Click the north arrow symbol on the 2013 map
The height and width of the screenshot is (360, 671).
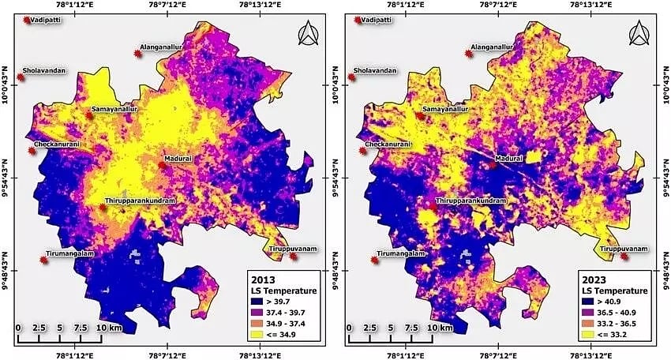click(x=306, y=35)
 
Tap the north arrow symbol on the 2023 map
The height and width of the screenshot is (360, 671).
click(x=638, y=35)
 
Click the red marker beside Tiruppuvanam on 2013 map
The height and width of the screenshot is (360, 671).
click(x=294, y=256)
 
